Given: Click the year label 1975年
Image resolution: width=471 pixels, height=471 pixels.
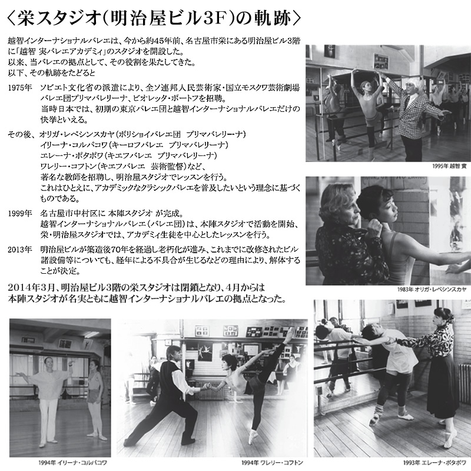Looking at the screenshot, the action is coord(20,88).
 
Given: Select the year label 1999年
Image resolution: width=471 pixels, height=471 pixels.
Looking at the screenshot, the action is coord(20,214).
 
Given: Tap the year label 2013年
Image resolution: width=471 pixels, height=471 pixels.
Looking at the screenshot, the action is coord(20,250).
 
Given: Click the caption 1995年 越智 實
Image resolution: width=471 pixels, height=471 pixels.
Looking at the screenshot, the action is coord(449,166).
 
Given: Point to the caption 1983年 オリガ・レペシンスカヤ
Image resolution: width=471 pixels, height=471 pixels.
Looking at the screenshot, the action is coord(432,289).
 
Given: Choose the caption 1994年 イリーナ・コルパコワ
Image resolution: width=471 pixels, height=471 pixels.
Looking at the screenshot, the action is coord(72,463).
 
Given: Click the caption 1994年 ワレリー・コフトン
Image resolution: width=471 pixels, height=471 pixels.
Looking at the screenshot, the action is coord(272,463).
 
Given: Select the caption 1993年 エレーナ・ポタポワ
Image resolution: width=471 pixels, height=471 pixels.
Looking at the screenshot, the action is coord(434,463).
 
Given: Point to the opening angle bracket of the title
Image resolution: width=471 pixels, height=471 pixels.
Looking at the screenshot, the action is coord(11,19).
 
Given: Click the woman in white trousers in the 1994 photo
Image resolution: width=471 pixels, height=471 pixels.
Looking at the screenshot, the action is coord(48,400).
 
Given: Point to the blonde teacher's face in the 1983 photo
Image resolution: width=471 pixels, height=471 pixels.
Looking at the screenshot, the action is coord(351,207).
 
